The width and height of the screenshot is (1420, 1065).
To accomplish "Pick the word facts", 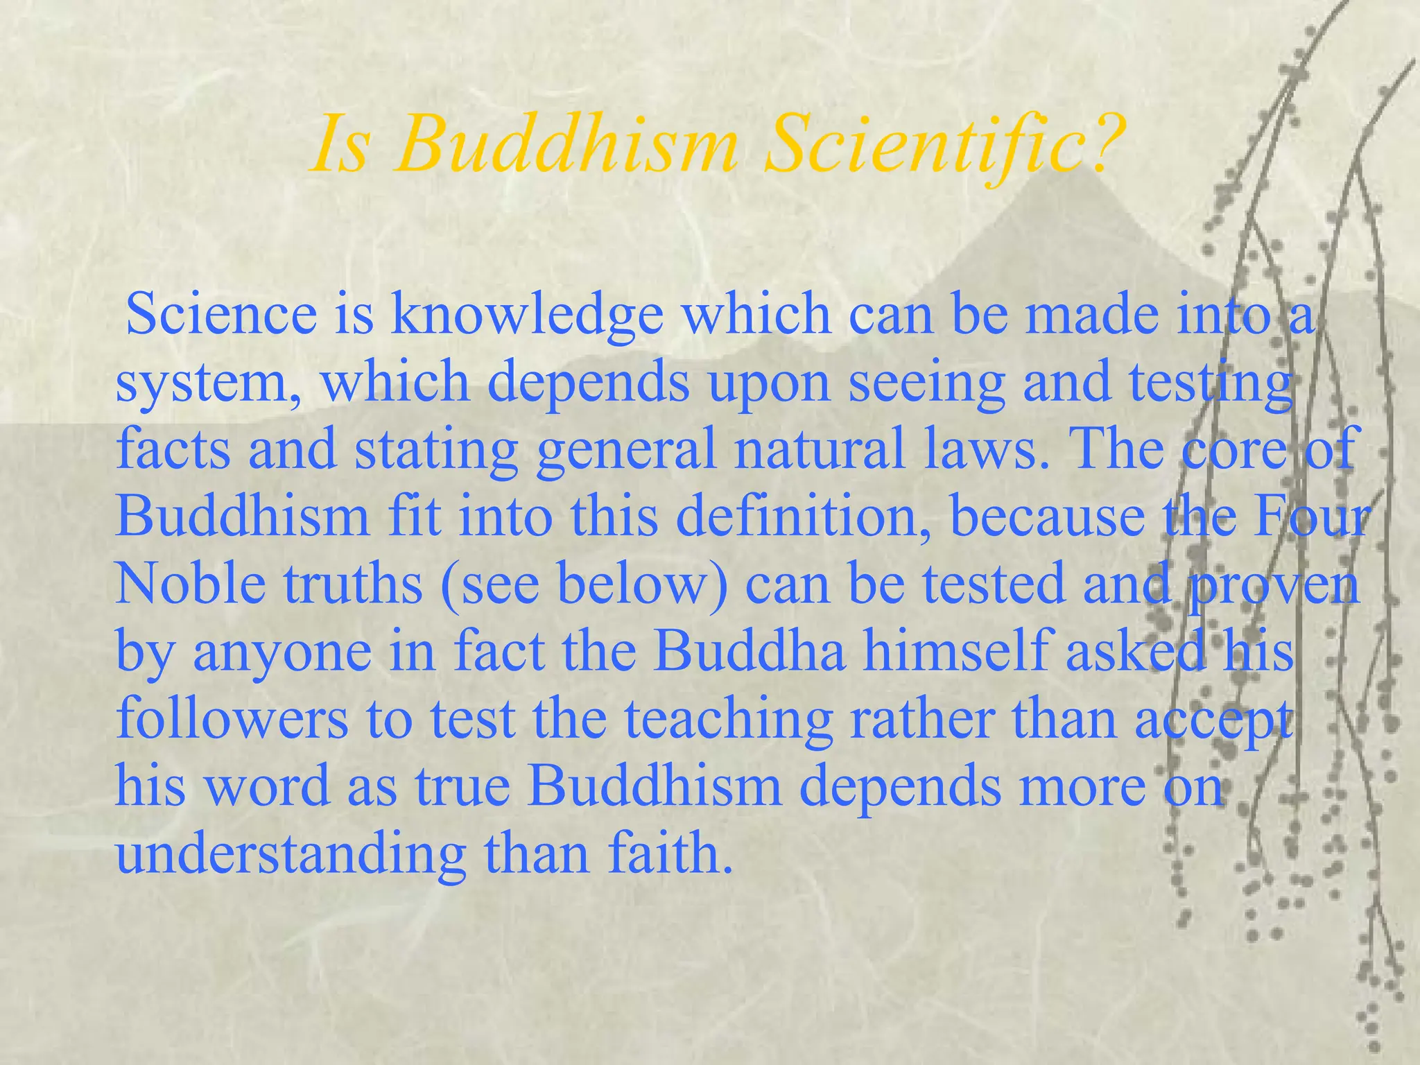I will tap(173, 449).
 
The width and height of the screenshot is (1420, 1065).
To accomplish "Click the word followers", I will tap(233, 718).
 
